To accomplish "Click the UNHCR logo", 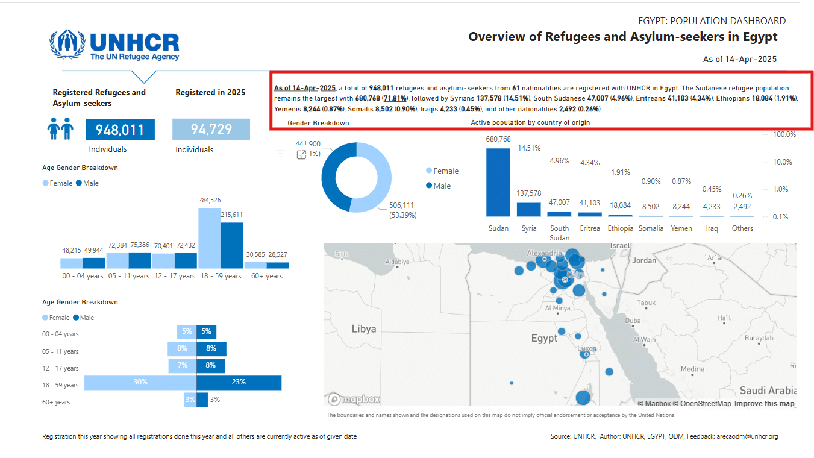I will point(114,45).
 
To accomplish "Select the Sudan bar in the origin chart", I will point(498,182).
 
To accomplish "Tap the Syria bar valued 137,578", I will point(529,209).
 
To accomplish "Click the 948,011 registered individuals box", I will point(120,130).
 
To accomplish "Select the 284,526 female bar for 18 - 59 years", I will point(209,237).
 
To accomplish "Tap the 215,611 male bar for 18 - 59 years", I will point(231,245).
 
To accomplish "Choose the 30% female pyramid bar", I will point(140,382).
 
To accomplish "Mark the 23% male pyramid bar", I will point(239,382).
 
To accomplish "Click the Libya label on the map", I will point(364,329).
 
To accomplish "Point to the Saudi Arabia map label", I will point(768,391).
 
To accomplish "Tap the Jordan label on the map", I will point(644,260).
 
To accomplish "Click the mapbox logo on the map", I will point(354,399).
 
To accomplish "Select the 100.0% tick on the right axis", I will point(784,134).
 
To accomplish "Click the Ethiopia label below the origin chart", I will point(620,228).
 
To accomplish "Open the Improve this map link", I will point(764,404).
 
